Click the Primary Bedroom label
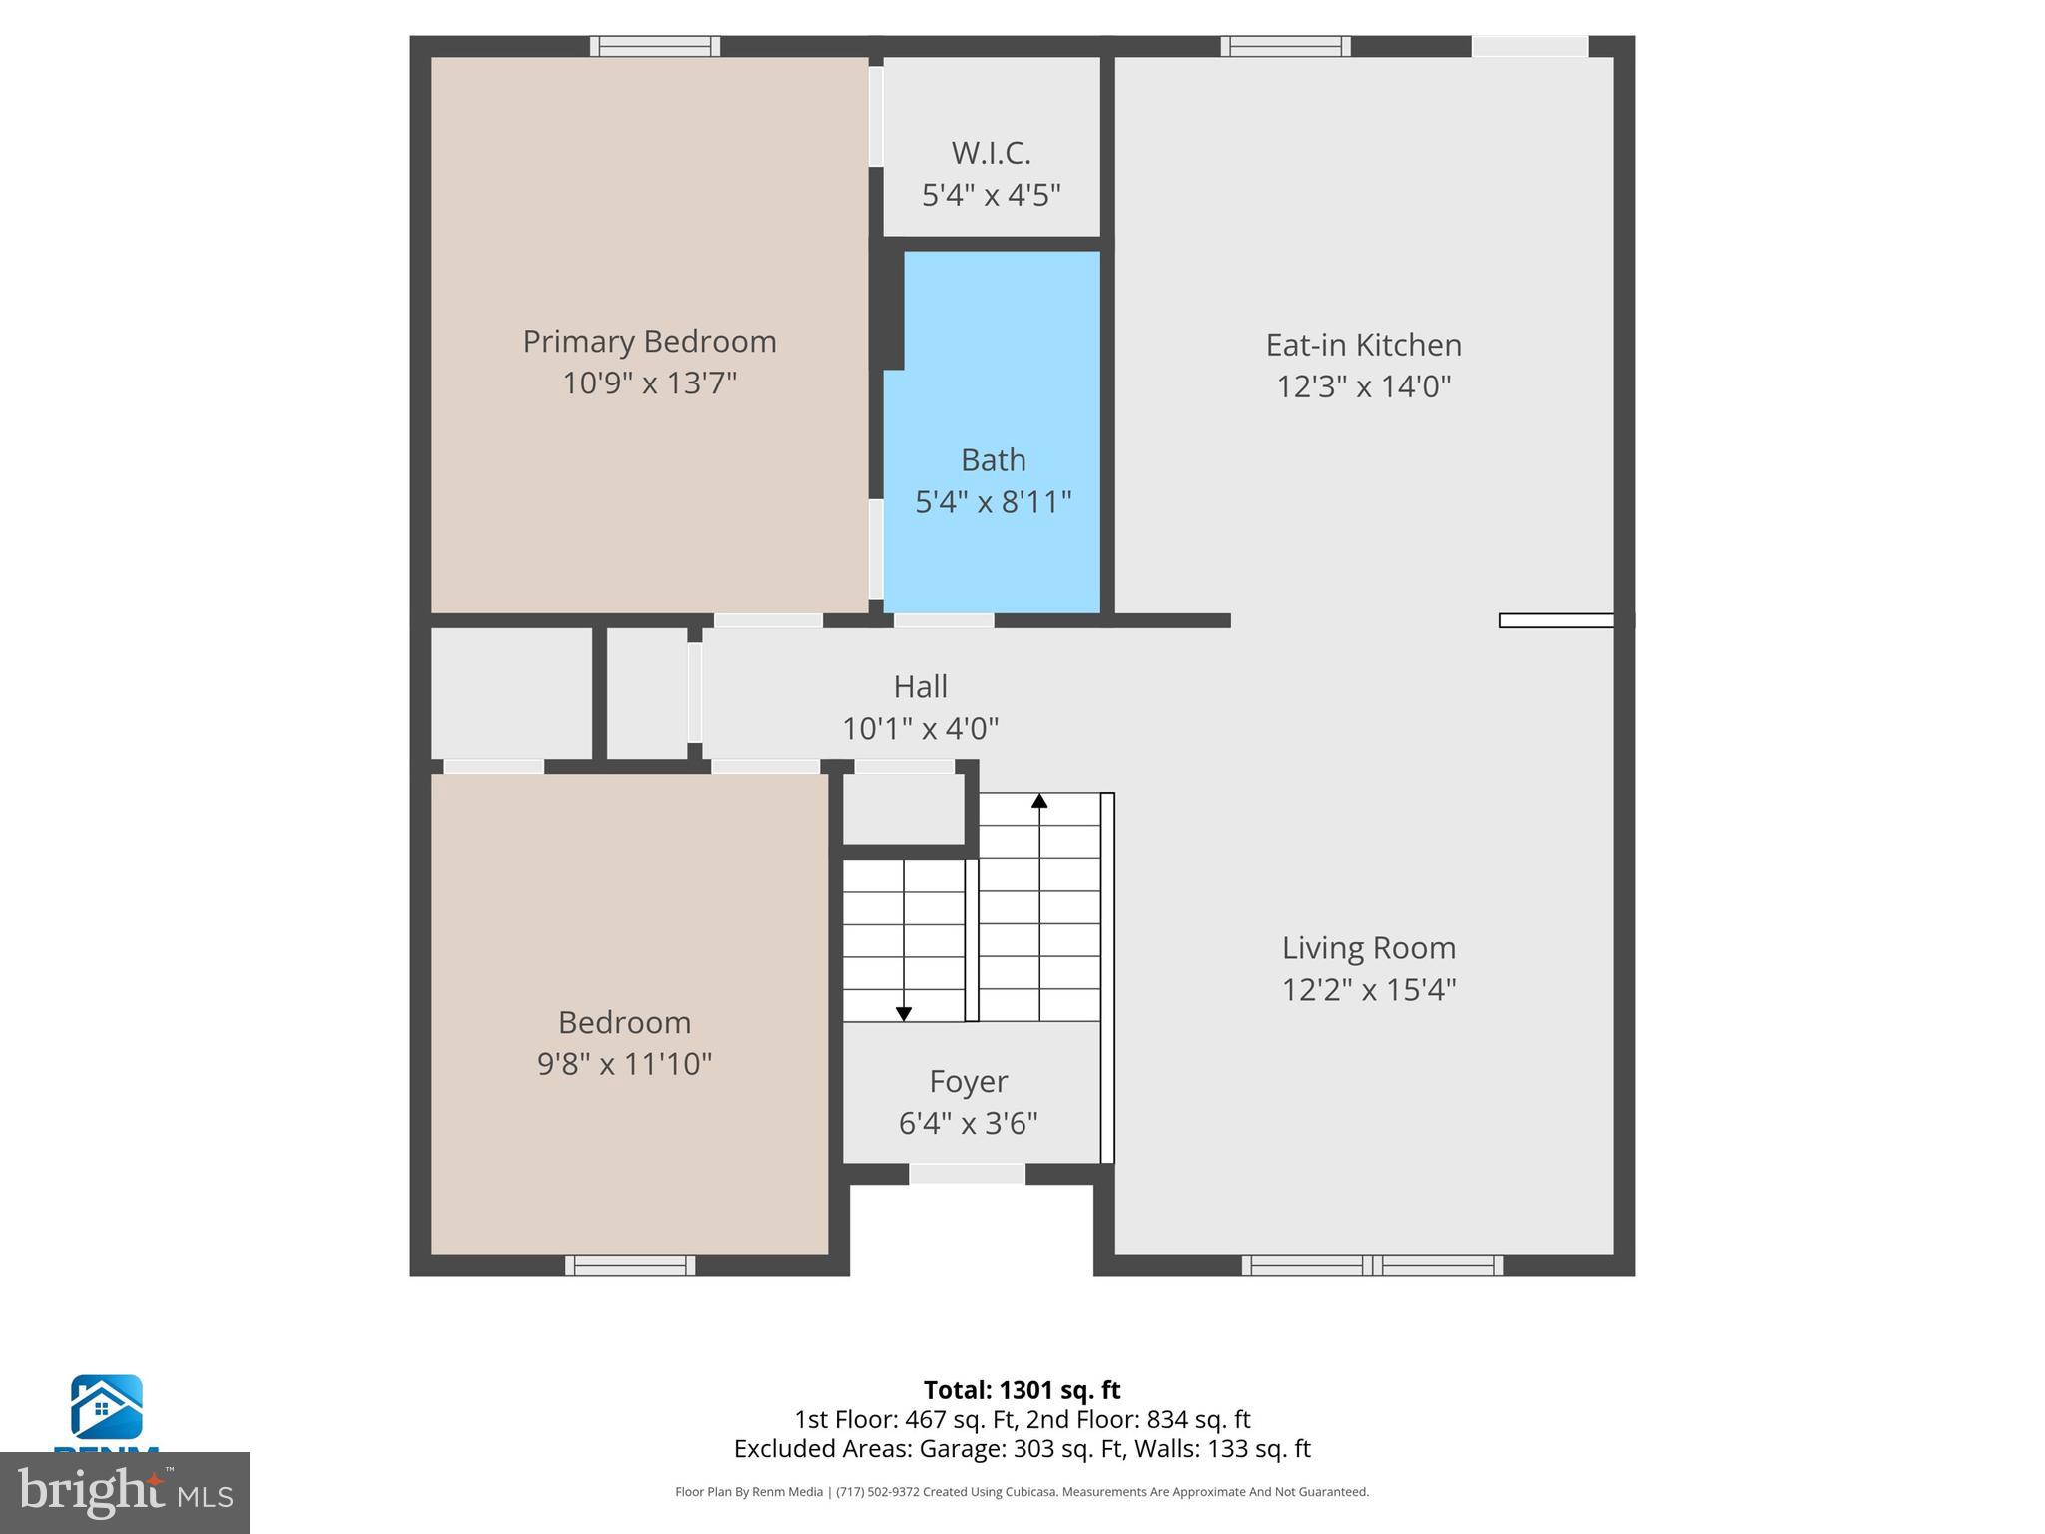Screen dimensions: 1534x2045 click(649, 342)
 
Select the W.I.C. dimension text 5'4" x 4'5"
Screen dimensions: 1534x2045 click(991, 195)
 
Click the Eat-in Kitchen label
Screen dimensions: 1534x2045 click(1363, 345)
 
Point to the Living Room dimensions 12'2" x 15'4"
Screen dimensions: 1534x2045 click(1369, 990)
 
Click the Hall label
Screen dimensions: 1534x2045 click(920, 686)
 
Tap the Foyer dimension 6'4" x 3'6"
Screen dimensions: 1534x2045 click(968, 1124)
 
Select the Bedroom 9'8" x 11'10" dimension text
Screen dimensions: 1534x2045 click(624, 1064)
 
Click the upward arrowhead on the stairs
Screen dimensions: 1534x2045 click(1039, 801)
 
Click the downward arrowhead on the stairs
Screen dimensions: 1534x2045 click(904, 1013)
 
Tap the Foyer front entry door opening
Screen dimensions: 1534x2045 click(967, 1175)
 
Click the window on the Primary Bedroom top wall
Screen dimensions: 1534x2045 click(655, 46)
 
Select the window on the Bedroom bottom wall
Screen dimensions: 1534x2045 click(630, 1265)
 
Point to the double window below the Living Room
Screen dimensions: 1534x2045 click(1372, 1265)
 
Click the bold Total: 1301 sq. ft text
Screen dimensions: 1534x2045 click(1022, 1390)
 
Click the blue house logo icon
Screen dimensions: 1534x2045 click(106, 1407)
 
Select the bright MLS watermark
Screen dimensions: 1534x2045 click(124, 1492)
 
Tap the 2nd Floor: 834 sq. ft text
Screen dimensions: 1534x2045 click(1138, 1420)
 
